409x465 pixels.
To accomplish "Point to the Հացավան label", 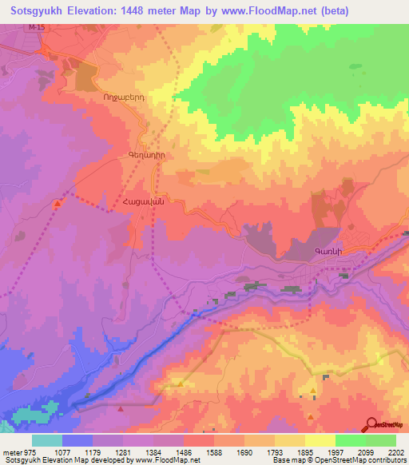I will [144, 202].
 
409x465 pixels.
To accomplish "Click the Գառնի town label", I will [328, 252].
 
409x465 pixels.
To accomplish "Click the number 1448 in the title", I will [163, 12].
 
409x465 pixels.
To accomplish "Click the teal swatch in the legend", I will [47, 440].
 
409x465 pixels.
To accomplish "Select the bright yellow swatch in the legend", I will [320, 440].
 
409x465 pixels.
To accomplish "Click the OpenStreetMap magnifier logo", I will [370, 424].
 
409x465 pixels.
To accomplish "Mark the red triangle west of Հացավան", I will [58, 204].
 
